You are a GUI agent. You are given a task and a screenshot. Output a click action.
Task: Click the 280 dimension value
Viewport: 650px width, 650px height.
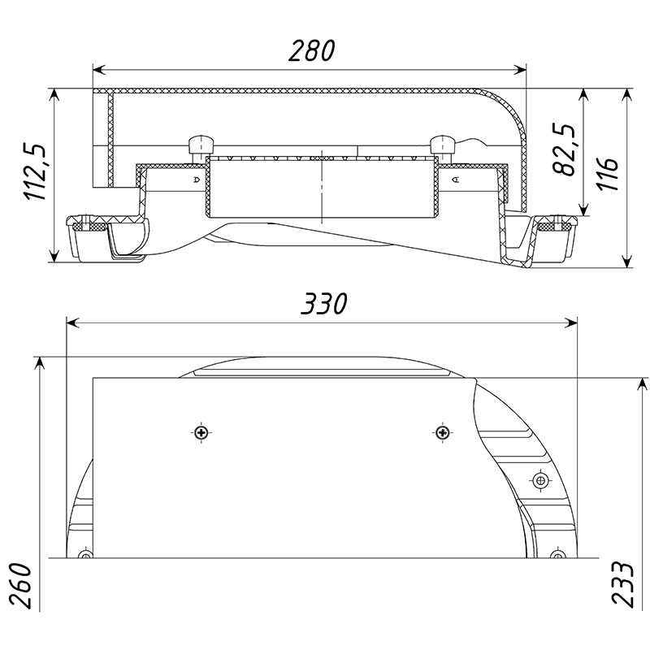[311, 50]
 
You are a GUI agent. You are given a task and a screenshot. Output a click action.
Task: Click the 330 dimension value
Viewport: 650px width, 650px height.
[323, 304]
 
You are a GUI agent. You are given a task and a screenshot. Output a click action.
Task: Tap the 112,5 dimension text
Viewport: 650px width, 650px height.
[35, 172]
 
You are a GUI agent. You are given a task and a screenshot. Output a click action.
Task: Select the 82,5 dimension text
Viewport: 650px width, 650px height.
[564, 149]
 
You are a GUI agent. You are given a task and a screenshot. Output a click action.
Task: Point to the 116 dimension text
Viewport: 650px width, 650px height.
[608, 174]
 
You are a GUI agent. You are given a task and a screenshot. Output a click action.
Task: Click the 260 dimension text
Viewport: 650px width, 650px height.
[21, 586]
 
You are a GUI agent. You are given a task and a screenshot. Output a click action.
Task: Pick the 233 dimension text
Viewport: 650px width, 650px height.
[622, 584]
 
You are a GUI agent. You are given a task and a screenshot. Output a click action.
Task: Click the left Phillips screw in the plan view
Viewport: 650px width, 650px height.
[201, 433]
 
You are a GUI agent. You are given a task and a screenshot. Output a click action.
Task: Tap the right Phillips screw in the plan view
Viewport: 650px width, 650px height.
[443, 433]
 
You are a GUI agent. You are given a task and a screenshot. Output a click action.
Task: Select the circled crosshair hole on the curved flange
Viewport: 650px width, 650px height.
[539, 481]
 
